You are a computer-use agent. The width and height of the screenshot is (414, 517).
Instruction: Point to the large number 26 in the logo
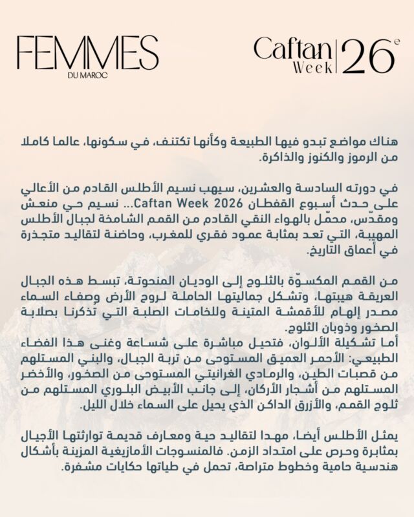point(365,57)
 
